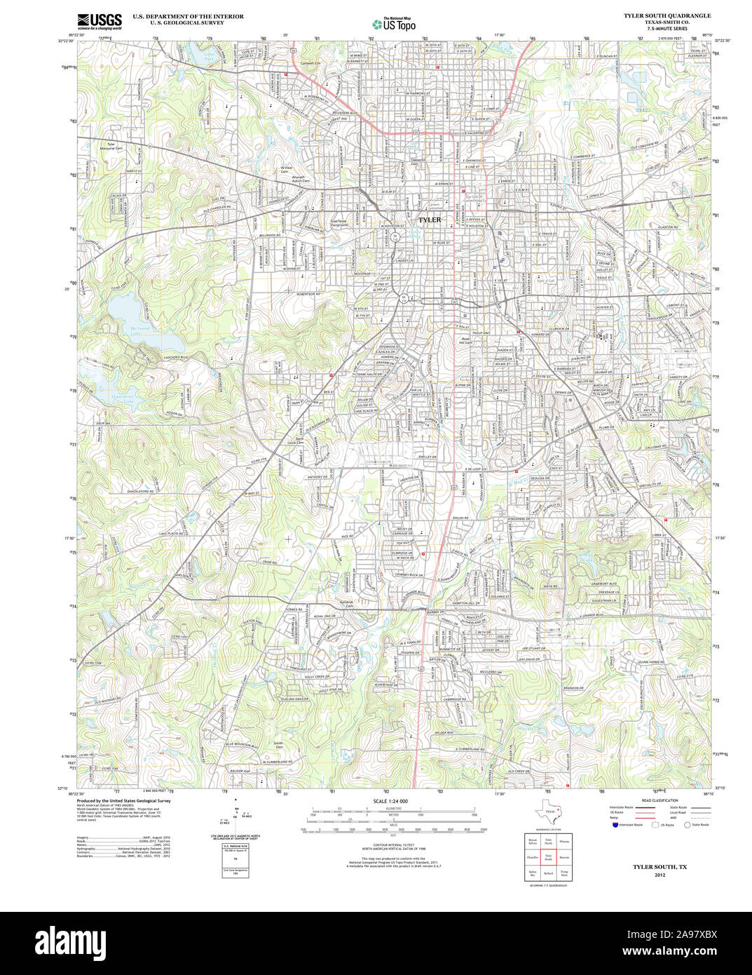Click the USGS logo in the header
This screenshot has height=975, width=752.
[x=99, y=20]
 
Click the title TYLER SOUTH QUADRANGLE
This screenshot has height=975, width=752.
[x=666, y=15]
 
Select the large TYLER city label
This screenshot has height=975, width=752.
[x=430, y=220]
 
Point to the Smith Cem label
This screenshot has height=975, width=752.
[x=278, y=744]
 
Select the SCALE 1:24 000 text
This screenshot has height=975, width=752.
[x=390, y=801]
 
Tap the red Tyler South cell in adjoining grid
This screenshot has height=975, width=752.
[x=549, y=856]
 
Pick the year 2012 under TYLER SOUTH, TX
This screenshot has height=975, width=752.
[x=659, y=875]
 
